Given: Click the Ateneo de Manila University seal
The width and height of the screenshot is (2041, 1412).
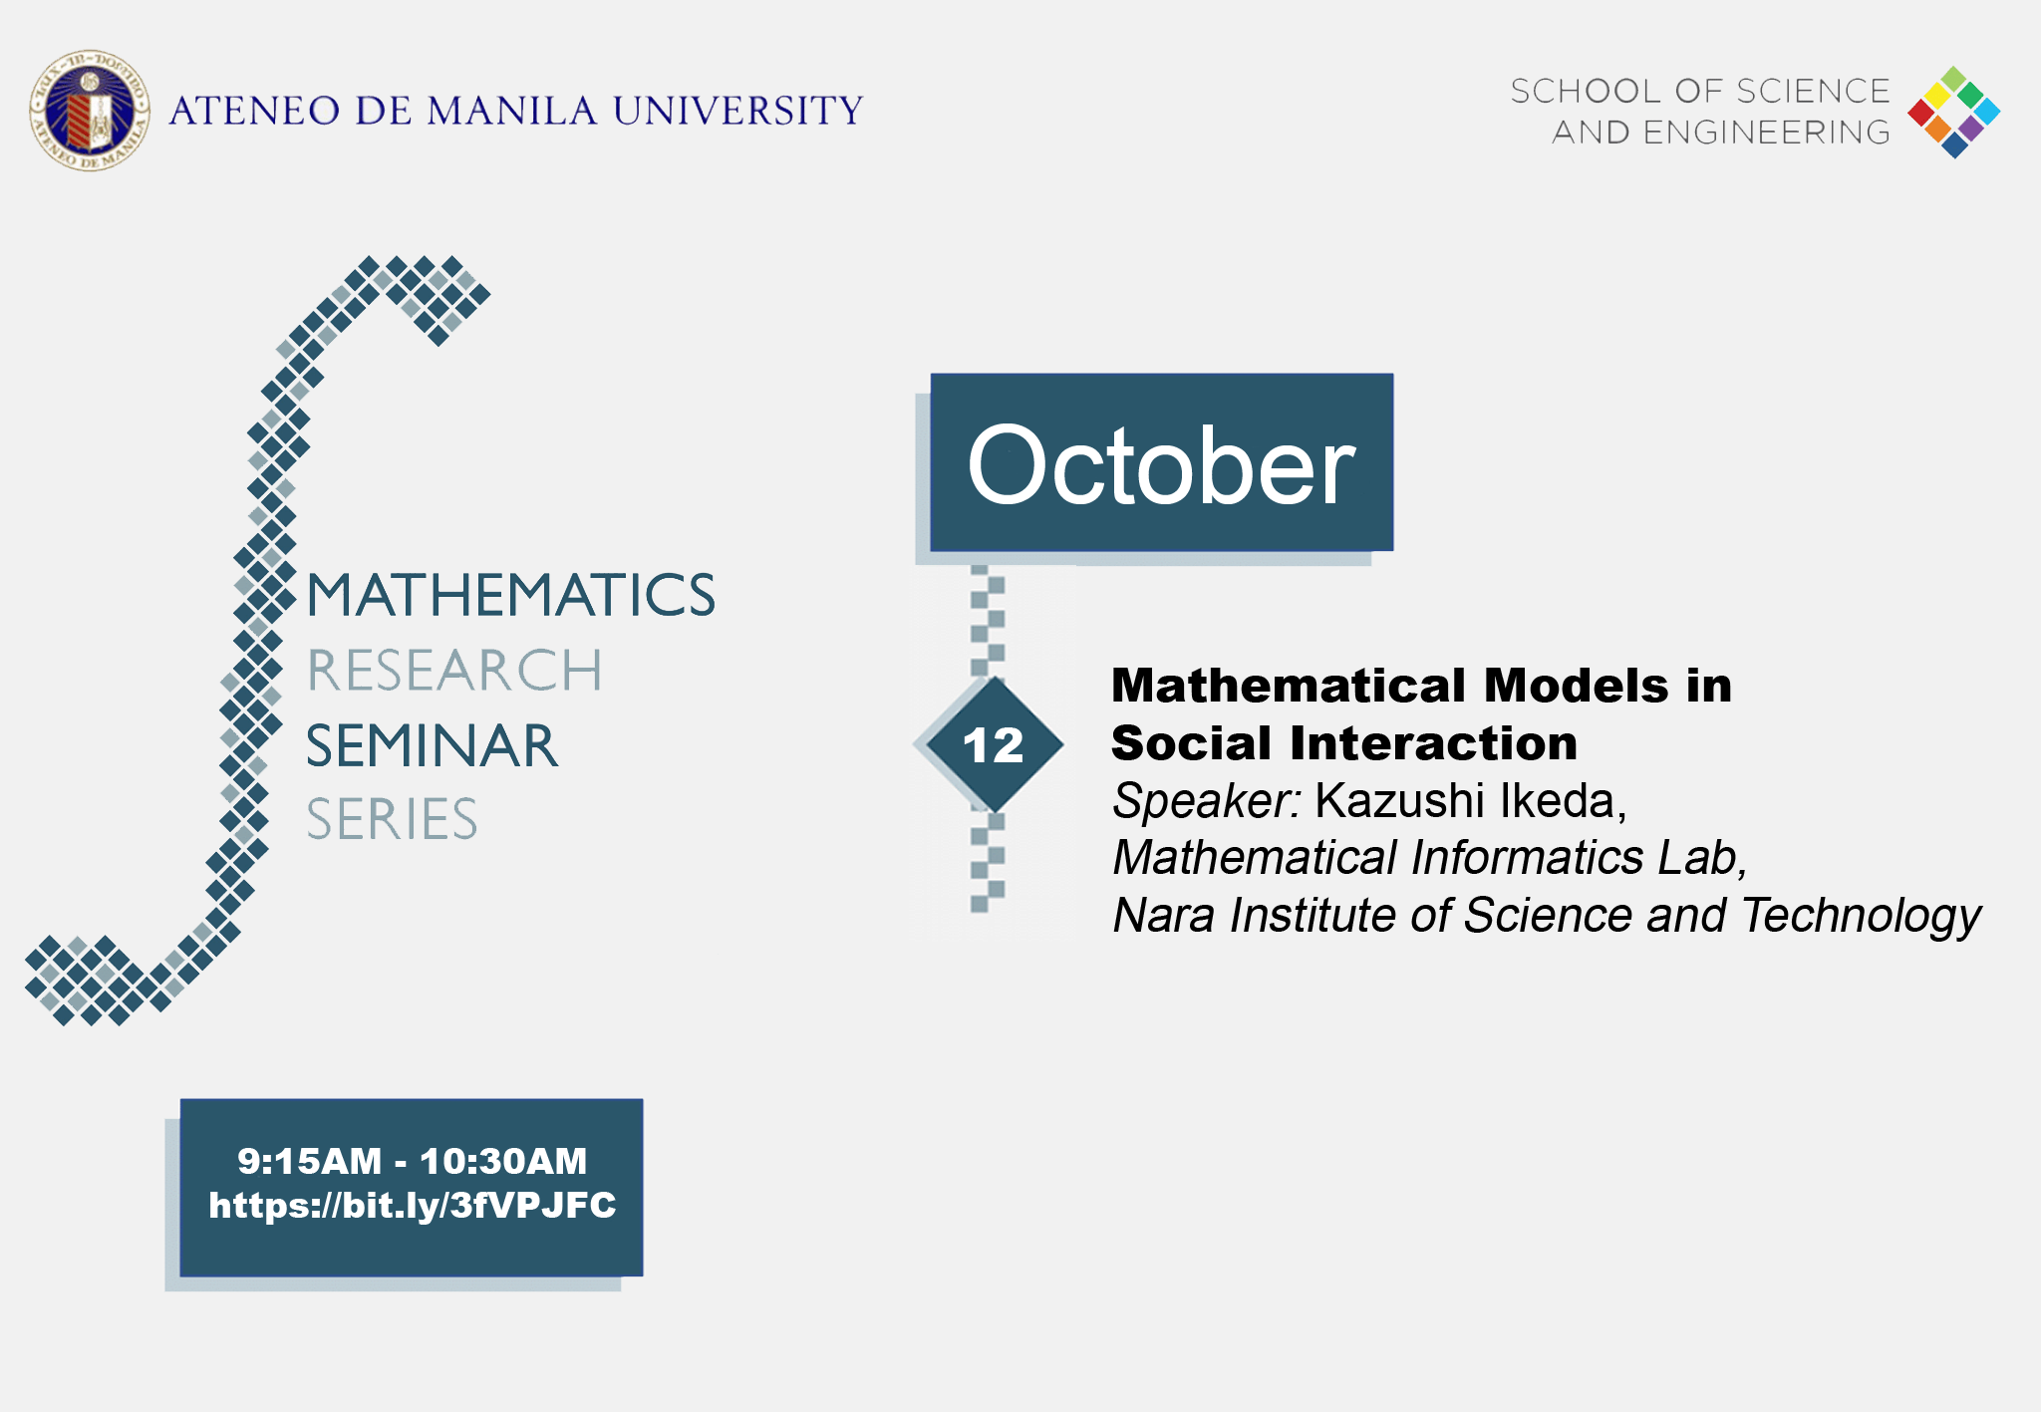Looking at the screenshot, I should coord(90,111).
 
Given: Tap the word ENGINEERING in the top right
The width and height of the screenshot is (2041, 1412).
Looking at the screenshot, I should coord(1766,133).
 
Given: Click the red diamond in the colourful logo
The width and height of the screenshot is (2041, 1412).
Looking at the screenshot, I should coord(1921,113).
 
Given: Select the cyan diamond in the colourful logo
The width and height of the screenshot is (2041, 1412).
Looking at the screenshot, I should coord(1986,112).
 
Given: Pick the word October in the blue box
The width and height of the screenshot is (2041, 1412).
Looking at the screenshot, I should coord(1161,466).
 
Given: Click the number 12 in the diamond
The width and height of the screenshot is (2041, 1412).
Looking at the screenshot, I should coord(993,745).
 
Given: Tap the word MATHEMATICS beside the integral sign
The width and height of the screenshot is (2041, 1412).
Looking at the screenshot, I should coord(510,596).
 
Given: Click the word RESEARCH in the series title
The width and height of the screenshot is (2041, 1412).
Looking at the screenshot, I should coord(454,671).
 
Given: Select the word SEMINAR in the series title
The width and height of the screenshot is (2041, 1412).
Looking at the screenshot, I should coord(432,746).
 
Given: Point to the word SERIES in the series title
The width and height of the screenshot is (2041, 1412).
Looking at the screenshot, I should coord(392,820).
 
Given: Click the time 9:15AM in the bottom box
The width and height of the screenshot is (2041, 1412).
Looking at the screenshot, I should coord(309,1162).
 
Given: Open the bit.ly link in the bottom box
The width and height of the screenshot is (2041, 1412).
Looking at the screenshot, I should coord(412,1206).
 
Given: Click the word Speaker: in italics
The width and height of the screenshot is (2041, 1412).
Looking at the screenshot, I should coord(1206,801).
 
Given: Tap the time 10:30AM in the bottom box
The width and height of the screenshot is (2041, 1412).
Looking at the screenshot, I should coord(503,1162).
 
